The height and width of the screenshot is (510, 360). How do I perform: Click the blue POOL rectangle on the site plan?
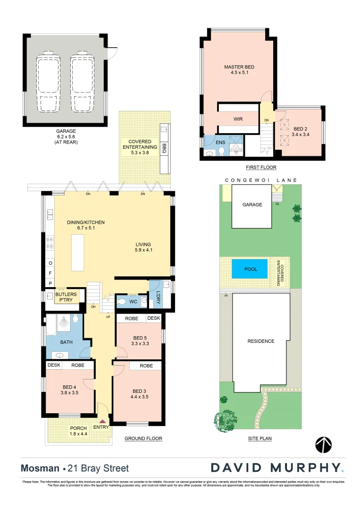[250, 269]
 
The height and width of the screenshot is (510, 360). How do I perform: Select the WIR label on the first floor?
[238, 119]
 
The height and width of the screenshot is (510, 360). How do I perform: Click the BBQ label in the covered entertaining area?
[164, 146]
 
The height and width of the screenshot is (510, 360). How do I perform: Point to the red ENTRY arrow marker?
[102, 421]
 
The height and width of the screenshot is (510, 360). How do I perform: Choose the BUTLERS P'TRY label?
[66, 297]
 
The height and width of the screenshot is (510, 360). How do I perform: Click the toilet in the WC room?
[122, 301]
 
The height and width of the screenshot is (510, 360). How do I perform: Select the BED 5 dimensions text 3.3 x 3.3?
[140, 344]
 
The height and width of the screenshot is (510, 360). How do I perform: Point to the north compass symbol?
[323, 445]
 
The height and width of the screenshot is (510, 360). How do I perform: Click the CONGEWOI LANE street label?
[261, 180]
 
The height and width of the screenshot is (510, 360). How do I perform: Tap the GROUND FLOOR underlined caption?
[143, 439]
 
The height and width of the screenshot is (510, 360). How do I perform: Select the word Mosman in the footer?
[40, 468]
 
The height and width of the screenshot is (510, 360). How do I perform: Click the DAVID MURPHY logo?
[277, 468]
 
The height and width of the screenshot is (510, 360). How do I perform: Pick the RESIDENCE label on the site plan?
[260, 341]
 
